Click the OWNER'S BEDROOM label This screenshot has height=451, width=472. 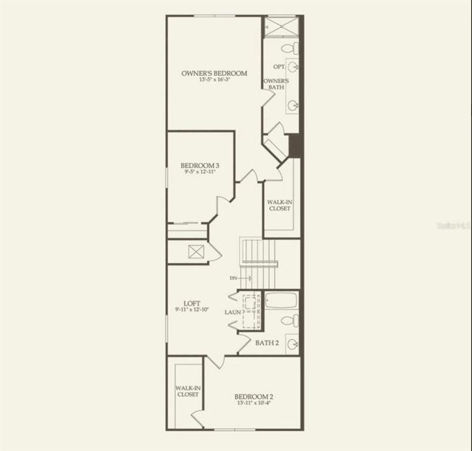(x=214, y=73)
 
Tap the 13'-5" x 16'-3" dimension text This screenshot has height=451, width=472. (x=214, y=80)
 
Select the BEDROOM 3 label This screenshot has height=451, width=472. (x=199, y=165)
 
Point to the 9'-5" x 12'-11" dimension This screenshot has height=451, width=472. (x=199, y=172)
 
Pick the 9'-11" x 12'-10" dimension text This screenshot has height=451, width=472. (x=192, y=309)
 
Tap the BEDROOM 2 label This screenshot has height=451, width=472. (x=254, y=397)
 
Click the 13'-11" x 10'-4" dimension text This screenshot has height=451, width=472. (x=254, y=403)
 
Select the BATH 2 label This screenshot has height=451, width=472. (x=267, y=343)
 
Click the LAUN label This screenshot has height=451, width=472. (x=233, y=311)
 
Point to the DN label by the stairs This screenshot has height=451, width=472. (x=233, y=277)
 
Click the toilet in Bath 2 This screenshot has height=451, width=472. (x=289, y=321)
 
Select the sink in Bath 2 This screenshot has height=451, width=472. (x=292, y=343)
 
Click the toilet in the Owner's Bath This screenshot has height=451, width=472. (x=290, y=48)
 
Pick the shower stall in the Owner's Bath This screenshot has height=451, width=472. (x=280, y=28)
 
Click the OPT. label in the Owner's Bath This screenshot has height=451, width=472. (x=279, y=66)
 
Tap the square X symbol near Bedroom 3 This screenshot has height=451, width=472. (x=196, y=252)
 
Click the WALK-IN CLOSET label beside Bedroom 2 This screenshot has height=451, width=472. (x=187, y=391)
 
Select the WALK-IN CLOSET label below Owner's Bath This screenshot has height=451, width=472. (x=279, y=205)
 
